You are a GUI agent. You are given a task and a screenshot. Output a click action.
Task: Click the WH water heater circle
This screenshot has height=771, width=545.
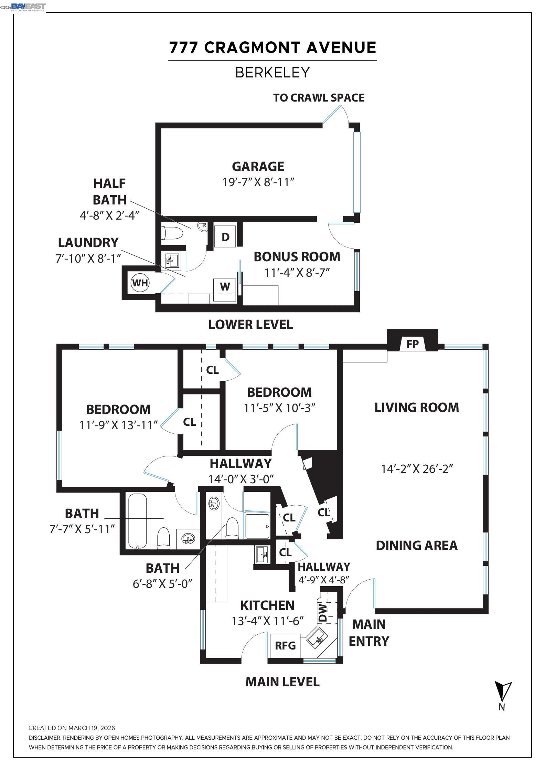coord(140,283)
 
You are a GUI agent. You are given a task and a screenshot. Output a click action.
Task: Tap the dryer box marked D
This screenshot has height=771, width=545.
coord(225,237)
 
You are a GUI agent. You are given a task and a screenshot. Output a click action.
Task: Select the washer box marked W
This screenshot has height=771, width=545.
coord(225,286)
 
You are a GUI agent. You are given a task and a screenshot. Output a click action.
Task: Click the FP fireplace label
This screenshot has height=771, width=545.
coord(412,344)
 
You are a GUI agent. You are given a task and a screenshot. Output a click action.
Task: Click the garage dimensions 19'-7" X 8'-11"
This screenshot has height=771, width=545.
coord(258,182)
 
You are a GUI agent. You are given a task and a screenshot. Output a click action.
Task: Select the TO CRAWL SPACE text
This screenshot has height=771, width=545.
coord(319,98)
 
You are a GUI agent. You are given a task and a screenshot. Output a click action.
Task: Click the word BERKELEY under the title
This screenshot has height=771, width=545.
coord(272,73)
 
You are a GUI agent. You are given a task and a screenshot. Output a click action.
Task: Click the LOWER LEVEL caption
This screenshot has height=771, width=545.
coord(250,325)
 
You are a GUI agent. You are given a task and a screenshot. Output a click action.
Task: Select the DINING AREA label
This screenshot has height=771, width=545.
coord(416,546)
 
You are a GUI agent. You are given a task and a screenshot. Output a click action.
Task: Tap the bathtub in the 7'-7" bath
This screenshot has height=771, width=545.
coord(138,521)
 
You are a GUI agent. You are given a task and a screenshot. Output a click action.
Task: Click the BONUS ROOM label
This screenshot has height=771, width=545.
coord(297,257)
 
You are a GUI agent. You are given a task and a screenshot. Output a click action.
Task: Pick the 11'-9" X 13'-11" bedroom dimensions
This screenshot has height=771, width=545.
coord(118,425)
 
